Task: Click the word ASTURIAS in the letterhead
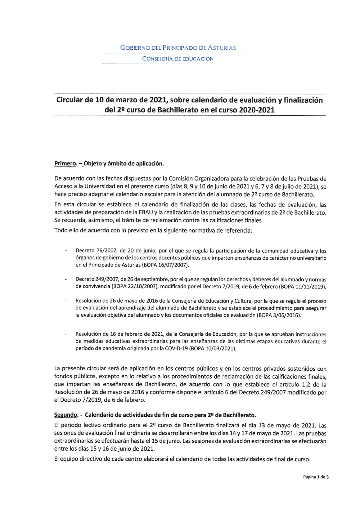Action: click(222, 48)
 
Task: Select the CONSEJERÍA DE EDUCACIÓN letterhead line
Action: click(177, 59)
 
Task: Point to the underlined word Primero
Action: click(65, 164)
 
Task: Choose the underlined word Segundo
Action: click(66, 415)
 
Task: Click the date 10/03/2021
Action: click(220, 348)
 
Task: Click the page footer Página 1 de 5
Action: click(316, 477)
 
